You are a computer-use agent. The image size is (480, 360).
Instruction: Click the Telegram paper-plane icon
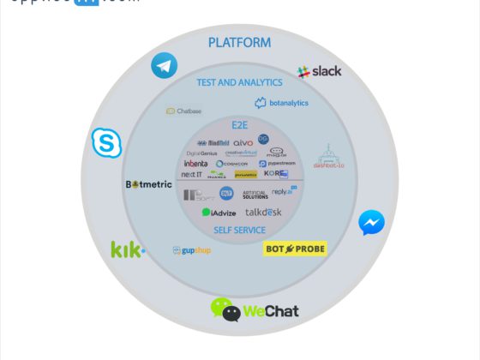pyautogui.click(x=164, y=66)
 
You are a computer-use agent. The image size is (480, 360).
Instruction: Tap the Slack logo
pyautogui.click(x=319, y=71)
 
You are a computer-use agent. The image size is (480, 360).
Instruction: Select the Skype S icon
pyautogui.click(x=107, y=143)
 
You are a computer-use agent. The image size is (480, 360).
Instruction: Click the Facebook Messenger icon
pyautogui.click(x=371, y=223)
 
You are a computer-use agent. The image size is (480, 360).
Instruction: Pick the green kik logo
pyautogui.click(x=128, y=249)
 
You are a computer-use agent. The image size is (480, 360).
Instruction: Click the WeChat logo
pyautogui.click(x=255, y=309)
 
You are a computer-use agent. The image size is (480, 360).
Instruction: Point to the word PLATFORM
pyautogui.click(x=239, y=42)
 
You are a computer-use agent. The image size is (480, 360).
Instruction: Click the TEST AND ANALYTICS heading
pyautogui.click(x=239, y=82)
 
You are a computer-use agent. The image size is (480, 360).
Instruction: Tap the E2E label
pyautogui.click(x=239, y=124)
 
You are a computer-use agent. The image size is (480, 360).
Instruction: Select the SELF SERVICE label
pyautogui.click(x=239, y=230)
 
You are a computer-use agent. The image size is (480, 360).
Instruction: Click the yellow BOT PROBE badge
pyautogui.click(x=294, y=249)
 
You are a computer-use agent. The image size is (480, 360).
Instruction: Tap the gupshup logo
pyautogui.click(x=191, y=250)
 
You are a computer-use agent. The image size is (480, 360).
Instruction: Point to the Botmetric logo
pyautogui.click(x=148, y=184)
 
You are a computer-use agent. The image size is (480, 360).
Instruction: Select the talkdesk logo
pyautogui.click(x=264, y=212)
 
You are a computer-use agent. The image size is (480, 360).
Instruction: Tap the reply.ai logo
pyautogui.click(x=284, y=192)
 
